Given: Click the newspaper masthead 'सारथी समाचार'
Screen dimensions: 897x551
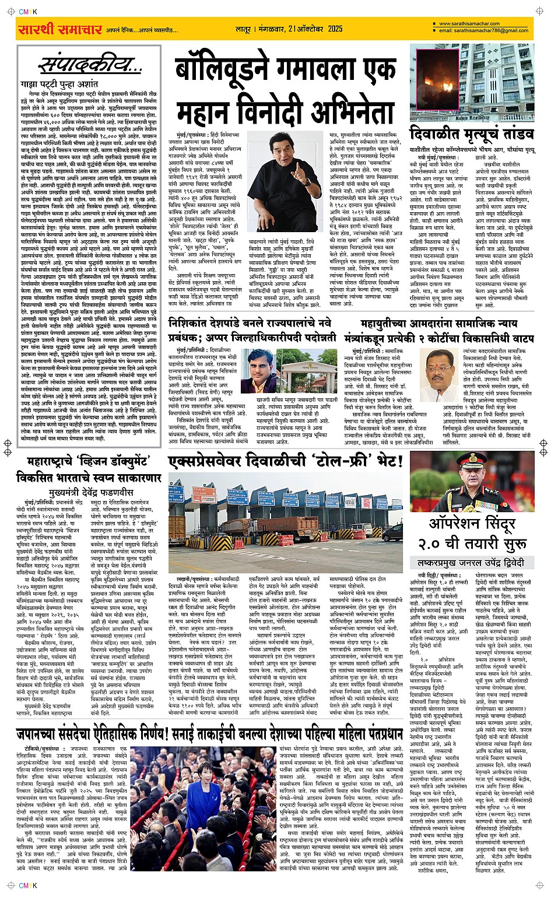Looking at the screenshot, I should (x=60, y=29).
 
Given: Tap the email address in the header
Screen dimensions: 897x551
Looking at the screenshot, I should (x=484, y=30).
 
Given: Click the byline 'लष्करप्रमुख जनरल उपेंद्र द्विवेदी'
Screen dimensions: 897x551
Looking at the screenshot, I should (x=471, y=563).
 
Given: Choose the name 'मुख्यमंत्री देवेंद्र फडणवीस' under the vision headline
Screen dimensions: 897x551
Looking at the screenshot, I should (x=89, y=492).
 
